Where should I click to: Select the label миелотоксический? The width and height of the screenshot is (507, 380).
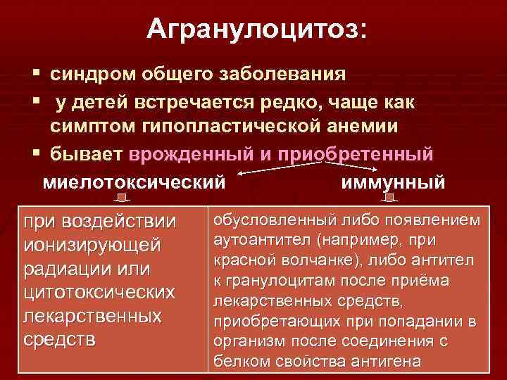click(134, 182)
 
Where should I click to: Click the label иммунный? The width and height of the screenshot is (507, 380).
click(392, 182)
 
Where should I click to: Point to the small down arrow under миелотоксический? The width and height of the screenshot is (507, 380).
click(124, 200)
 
